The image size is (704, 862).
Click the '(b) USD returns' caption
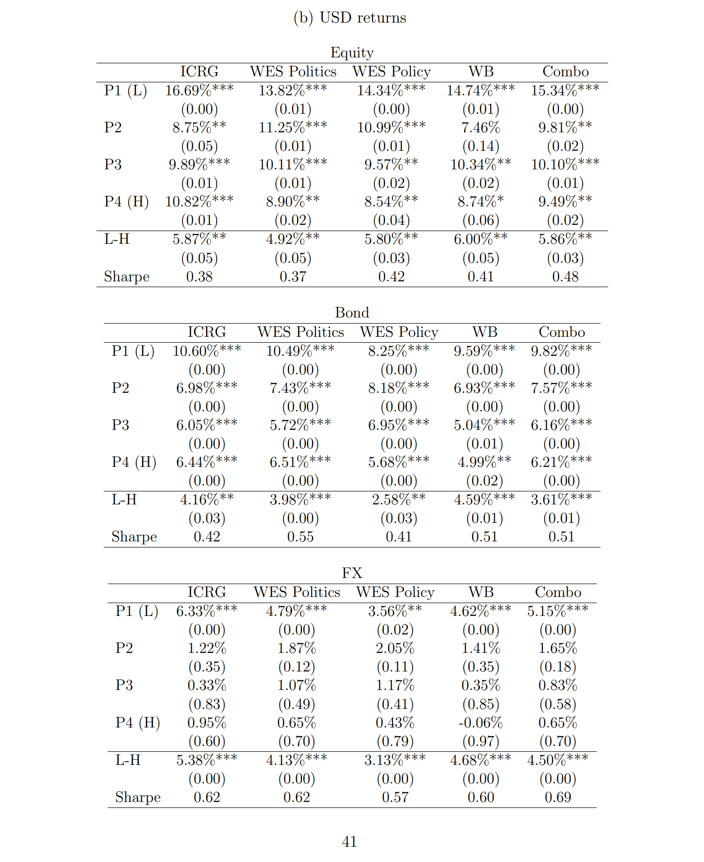[350, 18]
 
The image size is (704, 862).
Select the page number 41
[350, 841]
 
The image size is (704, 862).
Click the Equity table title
[352, 52]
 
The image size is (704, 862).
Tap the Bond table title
[352, 312]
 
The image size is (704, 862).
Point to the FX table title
[352, 573]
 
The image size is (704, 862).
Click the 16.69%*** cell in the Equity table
[199, 90]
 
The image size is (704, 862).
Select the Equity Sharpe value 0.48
[565, 276]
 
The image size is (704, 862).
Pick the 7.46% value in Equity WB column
[480, 127]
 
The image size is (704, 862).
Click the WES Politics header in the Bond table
[300, 332]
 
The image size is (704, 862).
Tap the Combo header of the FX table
[558, 592]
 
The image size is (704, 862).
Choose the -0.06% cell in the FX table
[480, 722]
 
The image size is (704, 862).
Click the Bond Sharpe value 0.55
[300, 536]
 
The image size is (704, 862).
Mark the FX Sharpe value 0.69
[558, 797]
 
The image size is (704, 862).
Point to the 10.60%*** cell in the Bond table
[206, 351]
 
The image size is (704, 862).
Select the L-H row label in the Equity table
[117, 239]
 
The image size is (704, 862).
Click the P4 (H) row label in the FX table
[137, 722]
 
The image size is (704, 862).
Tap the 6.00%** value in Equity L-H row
[480, 239]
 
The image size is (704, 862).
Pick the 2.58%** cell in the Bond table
[398, 499]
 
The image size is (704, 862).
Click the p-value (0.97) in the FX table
[480, 741]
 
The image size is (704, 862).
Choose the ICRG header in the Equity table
[199, 71]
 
